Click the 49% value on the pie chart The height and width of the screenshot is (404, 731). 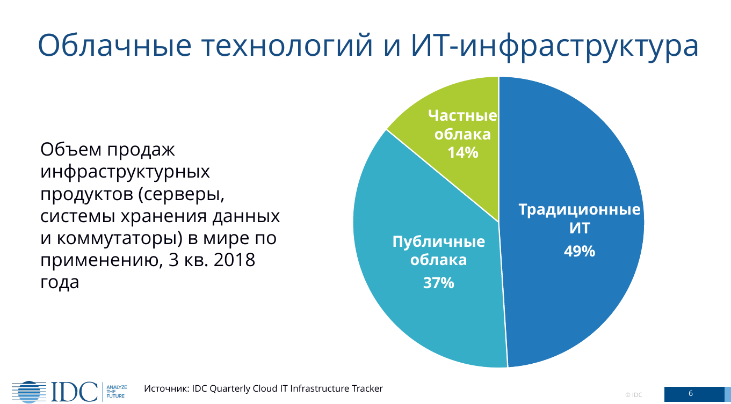point(580,251)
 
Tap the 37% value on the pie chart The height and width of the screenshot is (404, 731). point(439,283)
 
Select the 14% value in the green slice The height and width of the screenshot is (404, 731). point(463,152)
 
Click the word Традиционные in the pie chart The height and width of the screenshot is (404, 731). point(580,209)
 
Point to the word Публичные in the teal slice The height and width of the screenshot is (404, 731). point(439,241)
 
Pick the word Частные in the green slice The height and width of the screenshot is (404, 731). point(462,115)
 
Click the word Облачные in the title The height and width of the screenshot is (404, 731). point(114,45)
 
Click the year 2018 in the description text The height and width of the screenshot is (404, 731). point(234,260)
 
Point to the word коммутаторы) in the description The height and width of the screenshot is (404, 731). point(119,238)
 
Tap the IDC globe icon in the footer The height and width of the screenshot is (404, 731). point(29,392)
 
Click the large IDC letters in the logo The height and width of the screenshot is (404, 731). point(75,392)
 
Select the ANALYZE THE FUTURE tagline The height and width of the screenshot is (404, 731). point(117,392)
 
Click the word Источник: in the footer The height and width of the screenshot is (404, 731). point(167,388)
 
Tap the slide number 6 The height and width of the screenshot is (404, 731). point(691,394)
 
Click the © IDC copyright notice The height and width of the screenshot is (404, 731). point(633,395)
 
